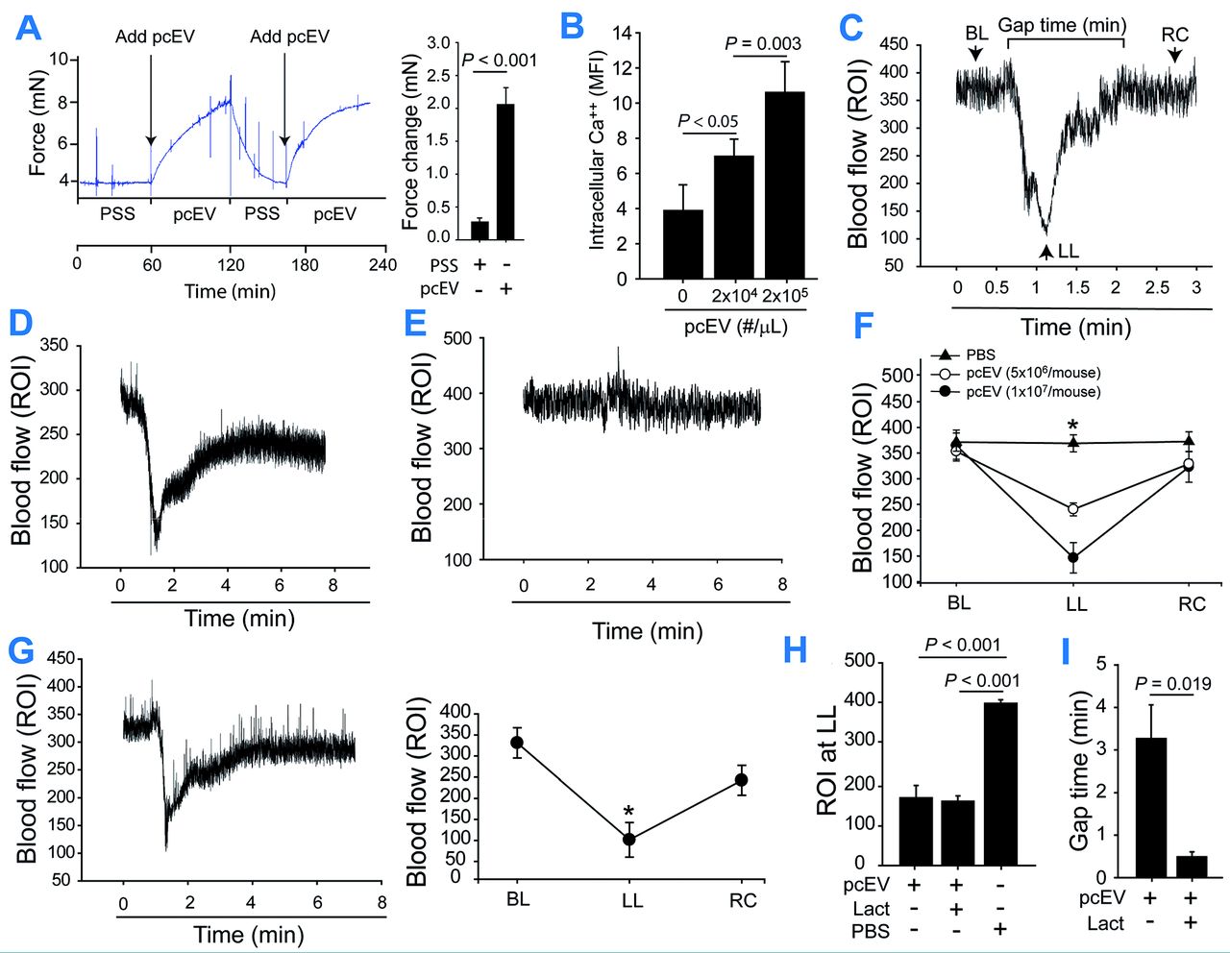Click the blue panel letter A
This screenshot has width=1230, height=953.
click(x=29, y=27)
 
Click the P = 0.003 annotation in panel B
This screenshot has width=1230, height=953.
click(x=762, y=43)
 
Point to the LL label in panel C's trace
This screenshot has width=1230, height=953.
click(x=1068, y=252)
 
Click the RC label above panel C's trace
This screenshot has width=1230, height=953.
click(x=1174, y=35)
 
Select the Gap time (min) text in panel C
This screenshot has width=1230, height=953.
click(x=1062, y=24)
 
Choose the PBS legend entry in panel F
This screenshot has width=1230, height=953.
click(x=980, y=355)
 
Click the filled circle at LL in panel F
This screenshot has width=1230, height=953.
click(x=1073, y=557)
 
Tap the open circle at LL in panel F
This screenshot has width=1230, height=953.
click(x=1073, y=509)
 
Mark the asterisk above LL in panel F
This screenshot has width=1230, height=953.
click(x=1072, y=424)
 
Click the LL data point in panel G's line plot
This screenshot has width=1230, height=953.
click(x=629, y=840)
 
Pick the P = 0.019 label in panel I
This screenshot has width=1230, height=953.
click(x=1172, y=684)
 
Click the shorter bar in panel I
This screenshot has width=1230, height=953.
click(x=1192, y=866)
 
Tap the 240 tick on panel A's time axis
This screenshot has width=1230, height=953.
click(x=382, y=263)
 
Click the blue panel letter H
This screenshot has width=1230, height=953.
click(x=796, y=649)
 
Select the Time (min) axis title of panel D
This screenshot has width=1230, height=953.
click(x=239, y=618)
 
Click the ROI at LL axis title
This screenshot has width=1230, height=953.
click(x=827, y=759)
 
